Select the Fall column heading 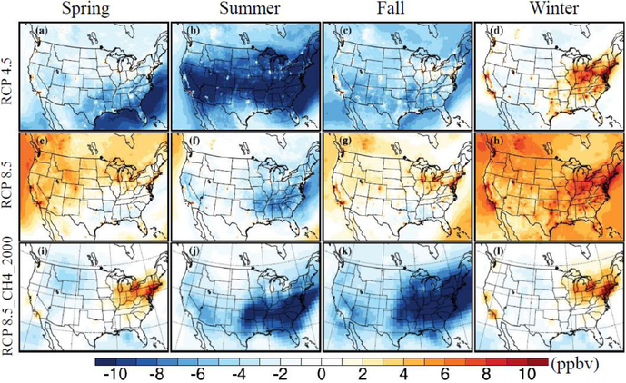(396, 11)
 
